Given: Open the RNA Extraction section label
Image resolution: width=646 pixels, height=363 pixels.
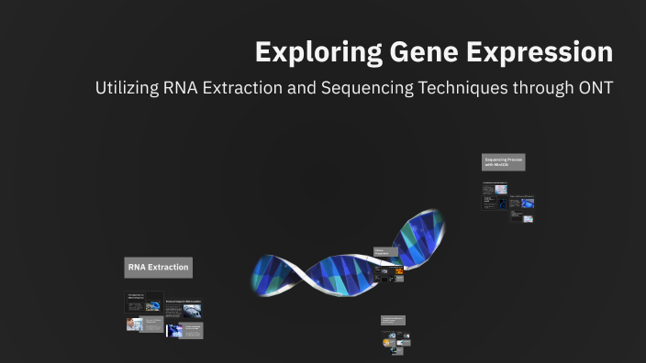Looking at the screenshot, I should [158, 268].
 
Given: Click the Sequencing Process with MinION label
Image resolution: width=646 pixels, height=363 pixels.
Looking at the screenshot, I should [503, 161].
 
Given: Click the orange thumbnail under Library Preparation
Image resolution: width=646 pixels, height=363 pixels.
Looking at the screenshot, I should [398, 271].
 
